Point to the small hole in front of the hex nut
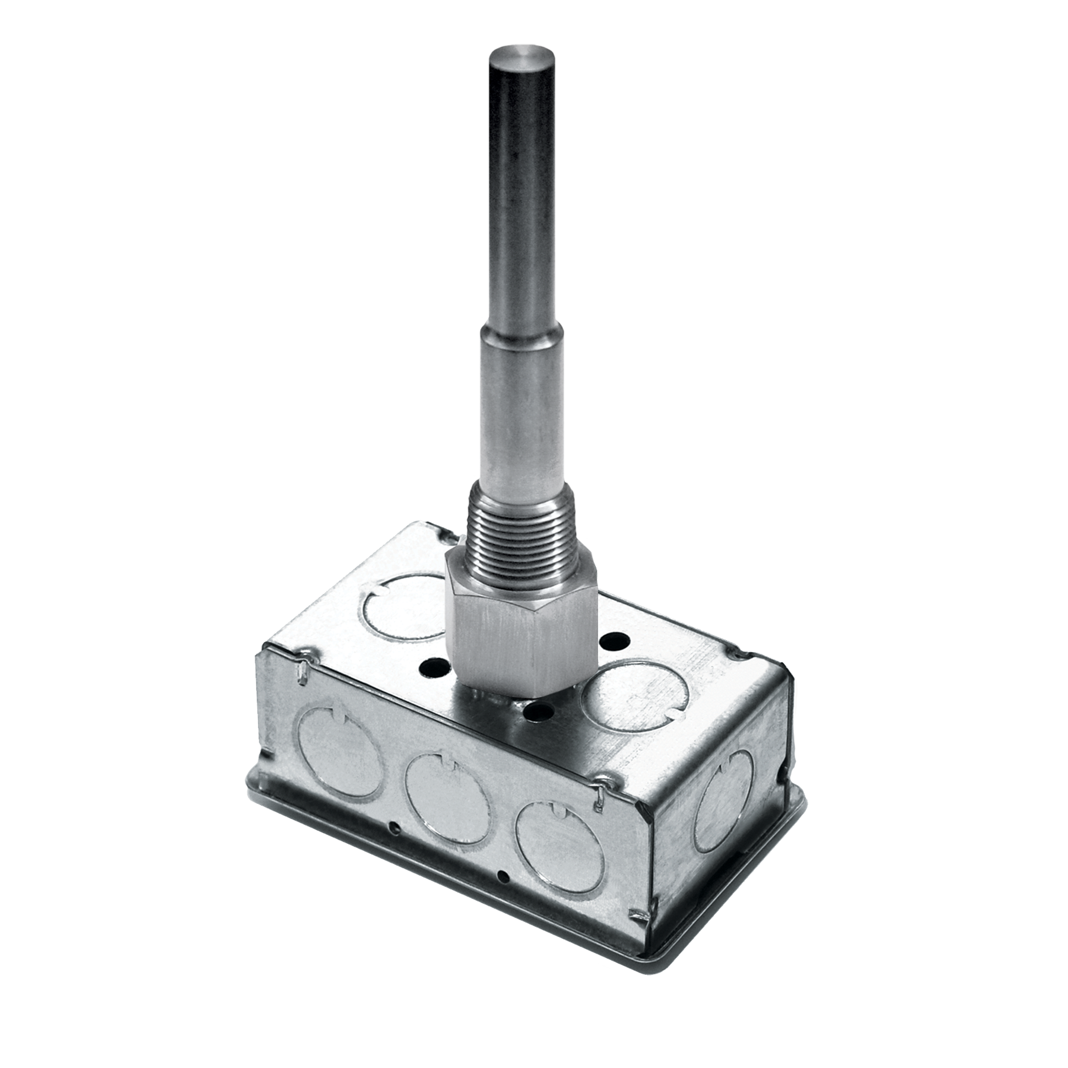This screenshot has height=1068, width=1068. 538,712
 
